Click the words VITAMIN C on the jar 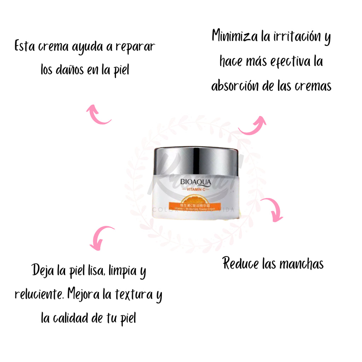tap(195, 190)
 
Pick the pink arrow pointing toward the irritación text tap(253, 125)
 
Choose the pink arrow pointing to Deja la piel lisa tap(100, 237)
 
